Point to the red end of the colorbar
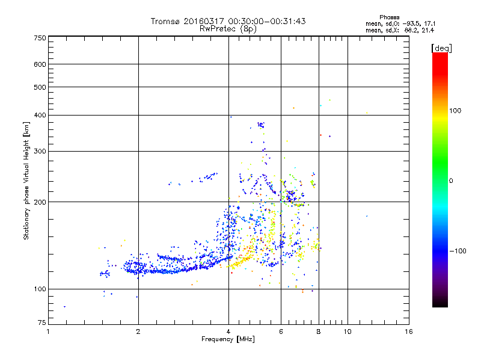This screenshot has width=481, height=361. coord(440,57)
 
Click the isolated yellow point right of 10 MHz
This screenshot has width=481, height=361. coord(367,113)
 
